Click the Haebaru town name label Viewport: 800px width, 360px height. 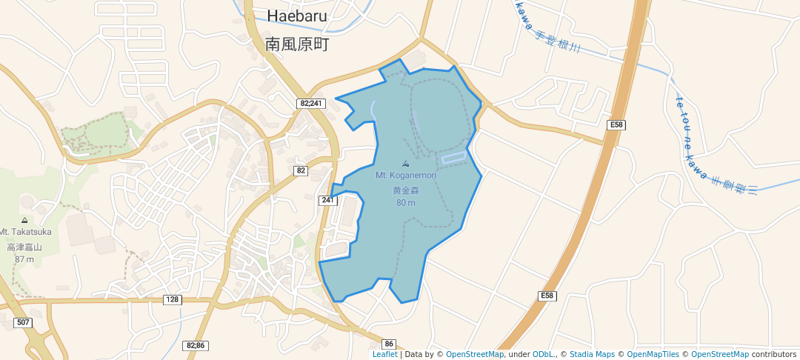click(297, 16)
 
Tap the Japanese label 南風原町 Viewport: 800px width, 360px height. click(296, 44)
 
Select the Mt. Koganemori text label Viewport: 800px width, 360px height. click(405, 176)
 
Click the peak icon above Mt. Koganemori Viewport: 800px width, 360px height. click(405, 164)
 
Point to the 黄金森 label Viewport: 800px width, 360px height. click(405, 190)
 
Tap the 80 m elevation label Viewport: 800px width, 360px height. click(405, 203)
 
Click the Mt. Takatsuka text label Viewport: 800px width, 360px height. click(25, 232)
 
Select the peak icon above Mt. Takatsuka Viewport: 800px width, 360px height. click(25, 220)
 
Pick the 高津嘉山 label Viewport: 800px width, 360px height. click(24, 247)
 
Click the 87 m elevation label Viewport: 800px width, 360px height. click(24, 259)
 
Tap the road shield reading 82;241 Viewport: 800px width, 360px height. click(312, 104)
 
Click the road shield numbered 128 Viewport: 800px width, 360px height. click(173, 299)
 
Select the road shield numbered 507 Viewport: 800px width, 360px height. click(23, 322)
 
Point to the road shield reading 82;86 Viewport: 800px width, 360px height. click(196, 345)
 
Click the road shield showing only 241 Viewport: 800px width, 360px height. click(327, 200)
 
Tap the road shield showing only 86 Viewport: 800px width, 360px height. click(390, 344)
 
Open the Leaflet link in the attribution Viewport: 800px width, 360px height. click(384, 354)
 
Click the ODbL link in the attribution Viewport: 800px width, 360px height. click(543, 354)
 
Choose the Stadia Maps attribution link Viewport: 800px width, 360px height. click(591, 354)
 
